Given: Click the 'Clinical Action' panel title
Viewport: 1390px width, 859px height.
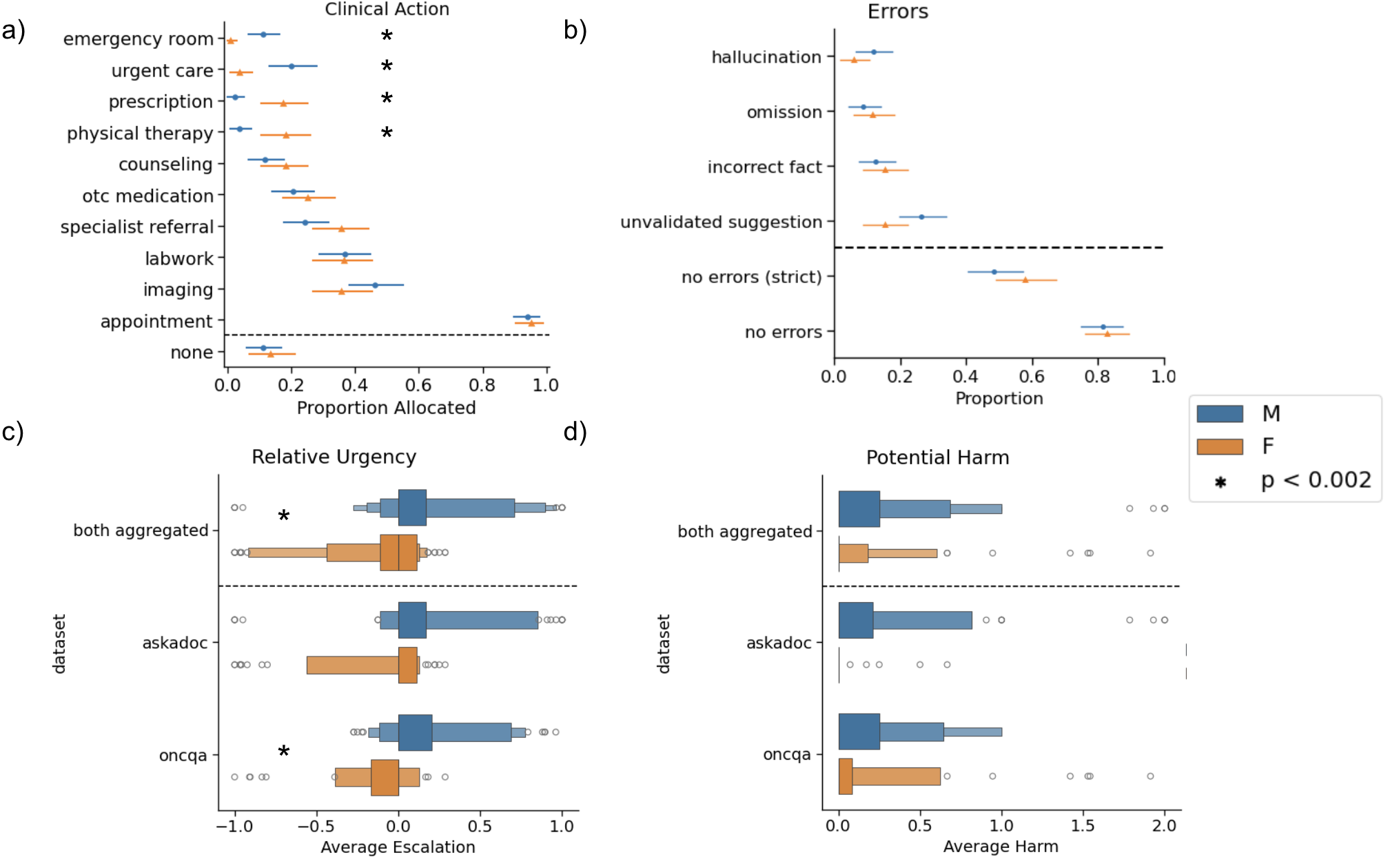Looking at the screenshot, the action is tap(387, 9).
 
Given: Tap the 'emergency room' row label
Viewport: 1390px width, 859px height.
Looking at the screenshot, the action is tap(138, 39).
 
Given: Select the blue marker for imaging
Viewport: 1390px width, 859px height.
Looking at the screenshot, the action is tap(375, 285).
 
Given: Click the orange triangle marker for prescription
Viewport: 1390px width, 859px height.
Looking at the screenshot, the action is tap(283, 103).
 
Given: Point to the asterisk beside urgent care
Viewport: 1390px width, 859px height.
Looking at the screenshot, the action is tap(387, 67).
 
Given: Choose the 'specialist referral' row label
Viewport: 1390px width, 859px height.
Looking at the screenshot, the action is tap(137, 227).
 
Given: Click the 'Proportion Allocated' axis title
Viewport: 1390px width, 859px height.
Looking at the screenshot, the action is tap(386, 408).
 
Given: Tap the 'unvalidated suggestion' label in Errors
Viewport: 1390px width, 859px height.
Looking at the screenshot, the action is tap(721, 222).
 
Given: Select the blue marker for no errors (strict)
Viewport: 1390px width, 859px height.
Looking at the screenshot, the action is tap(994, 272).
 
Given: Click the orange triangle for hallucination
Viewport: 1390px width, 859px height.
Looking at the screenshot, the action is tap(854, 60).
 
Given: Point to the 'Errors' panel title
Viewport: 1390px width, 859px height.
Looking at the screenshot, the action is tap(897, 12).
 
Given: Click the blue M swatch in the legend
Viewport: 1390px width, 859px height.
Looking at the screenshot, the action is tap(1220, 413).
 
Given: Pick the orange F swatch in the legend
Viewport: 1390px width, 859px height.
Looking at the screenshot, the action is tap(1220, 446).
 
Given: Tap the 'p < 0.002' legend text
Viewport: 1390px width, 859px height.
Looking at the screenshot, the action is tap(1316, 480).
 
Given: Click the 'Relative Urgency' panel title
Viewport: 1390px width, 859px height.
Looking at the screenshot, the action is tap(334, 457).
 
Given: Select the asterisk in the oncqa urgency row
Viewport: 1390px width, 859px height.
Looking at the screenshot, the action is tap(283, 751).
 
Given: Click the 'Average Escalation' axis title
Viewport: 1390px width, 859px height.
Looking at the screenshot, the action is tap(398, 847).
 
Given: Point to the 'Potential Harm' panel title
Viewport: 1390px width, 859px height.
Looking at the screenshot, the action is tap(937, 457).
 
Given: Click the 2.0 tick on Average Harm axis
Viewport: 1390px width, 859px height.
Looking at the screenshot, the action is tap(1164, 826).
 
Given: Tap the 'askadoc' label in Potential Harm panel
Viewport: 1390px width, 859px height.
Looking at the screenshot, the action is tap(779, 643).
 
